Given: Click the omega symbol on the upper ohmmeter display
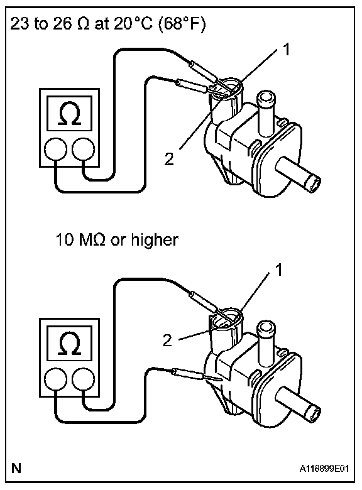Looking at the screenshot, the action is (x=70, y=114).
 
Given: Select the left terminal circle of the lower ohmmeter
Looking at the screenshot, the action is (x=56, y=379).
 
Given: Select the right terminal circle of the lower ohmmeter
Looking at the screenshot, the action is (x=83, y=379).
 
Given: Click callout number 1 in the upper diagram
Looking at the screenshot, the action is (x=287, y=50).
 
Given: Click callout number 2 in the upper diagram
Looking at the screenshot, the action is (x=169, y=159).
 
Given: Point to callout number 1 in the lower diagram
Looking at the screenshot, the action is (x=279, y=269).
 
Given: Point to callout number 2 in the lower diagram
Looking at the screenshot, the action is (x=167, y=340).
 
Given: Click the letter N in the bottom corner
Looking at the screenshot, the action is (x=16, y=469).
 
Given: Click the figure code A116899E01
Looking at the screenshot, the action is (x=324, y=469).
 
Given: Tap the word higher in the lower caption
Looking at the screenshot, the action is (x=155, y=240).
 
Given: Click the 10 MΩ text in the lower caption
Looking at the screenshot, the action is (x=80, y=240).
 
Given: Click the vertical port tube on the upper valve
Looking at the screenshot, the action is (x=265, y=113).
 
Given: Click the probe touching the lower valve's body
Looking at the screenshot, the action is (x=197, y=375).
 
